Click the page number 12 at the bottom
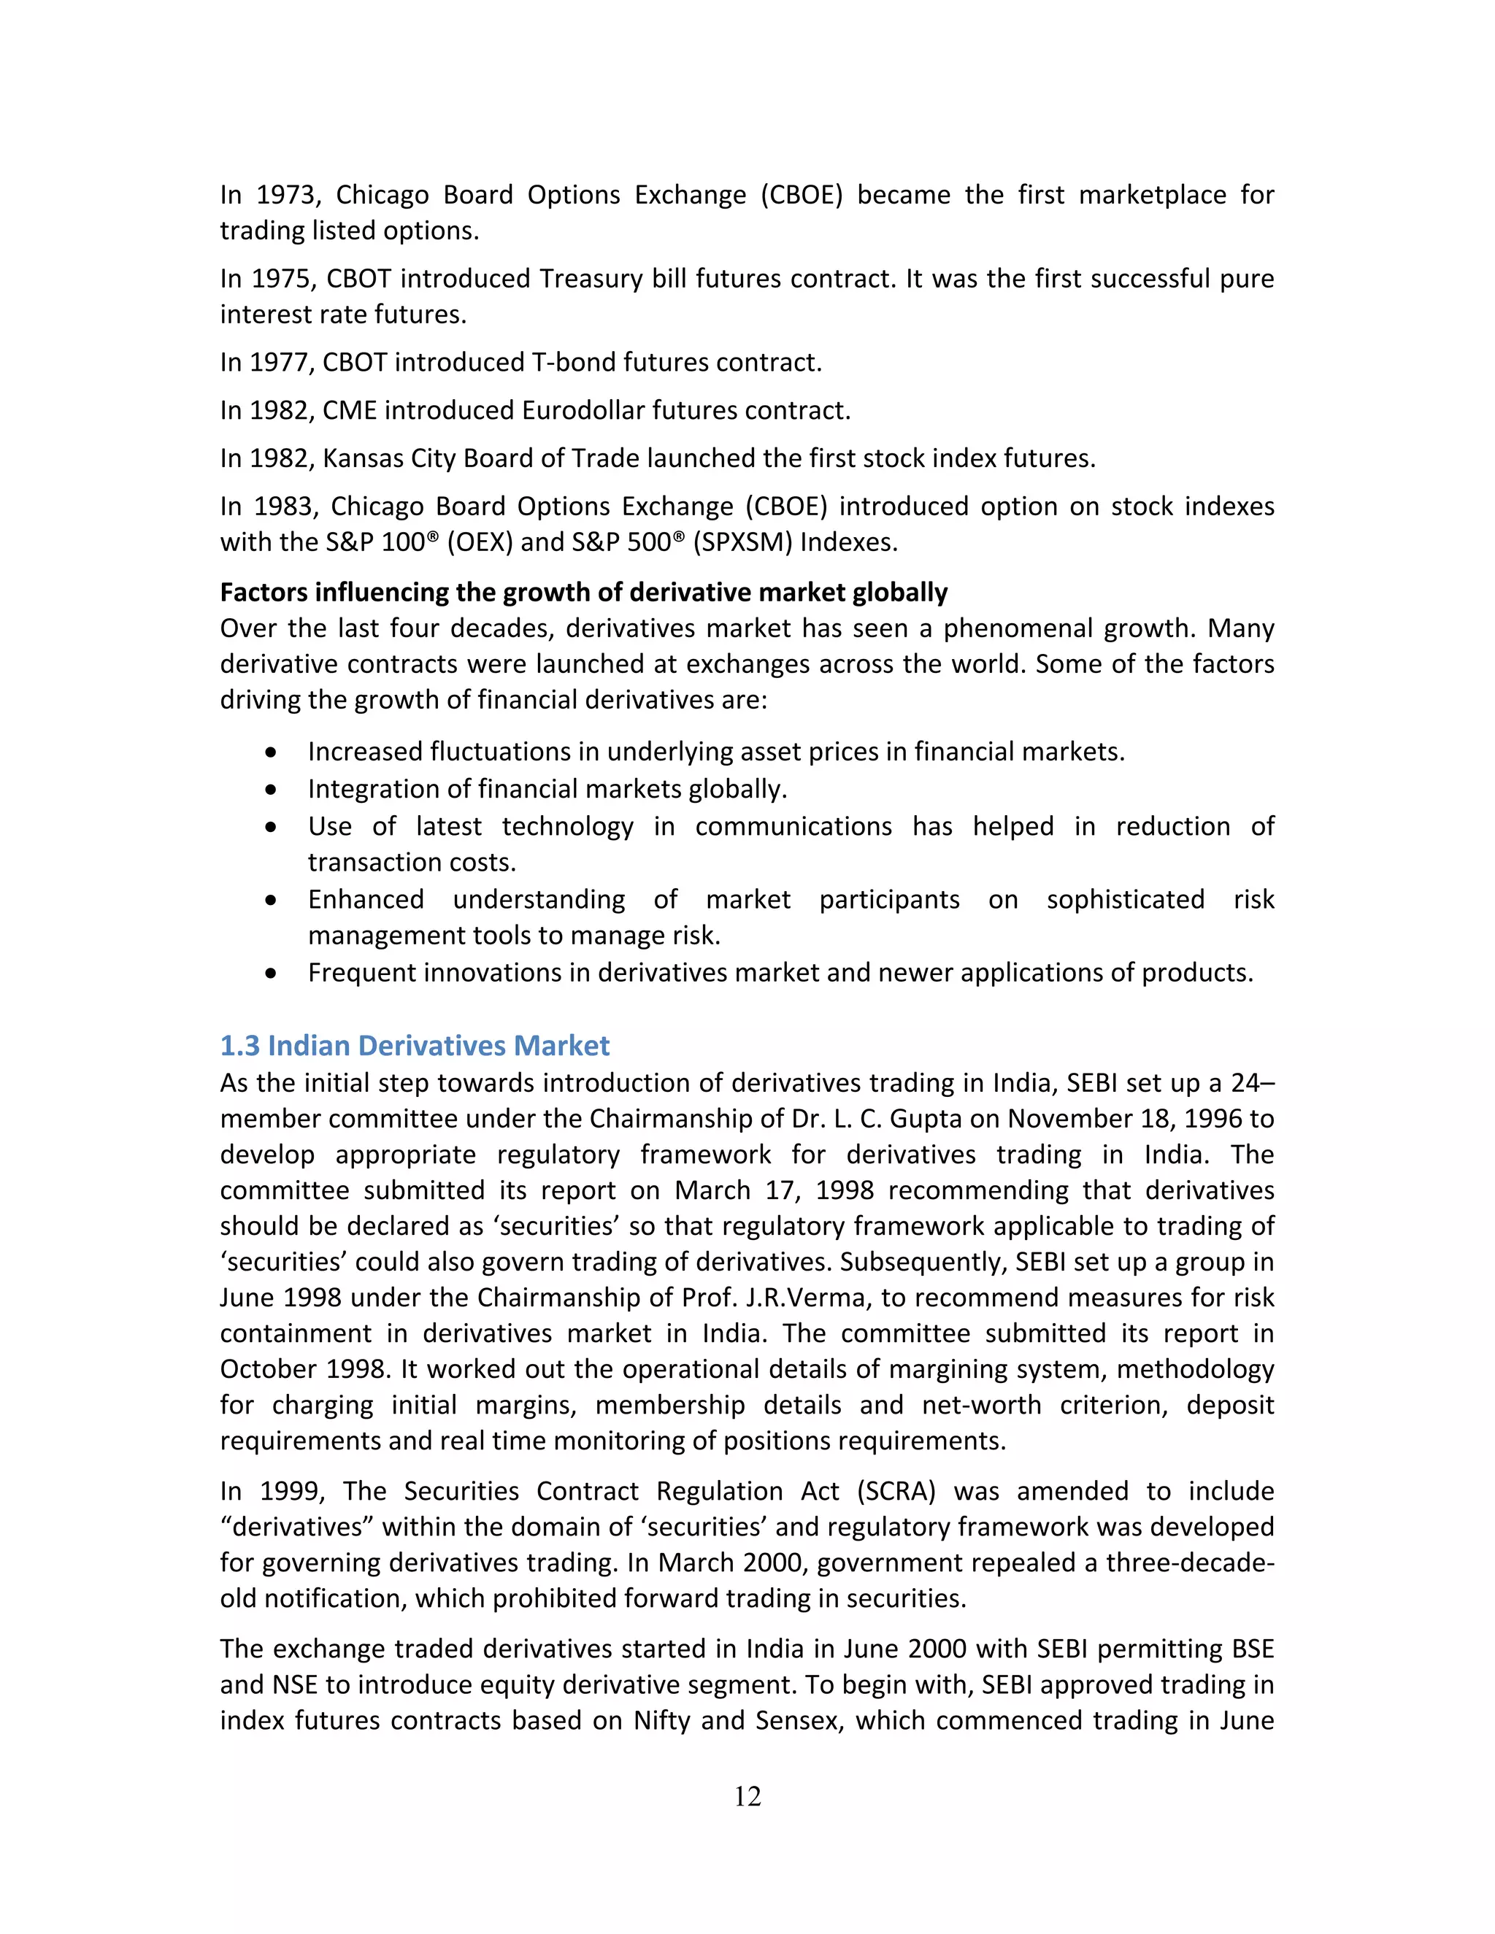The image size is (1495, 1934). point(747,1796)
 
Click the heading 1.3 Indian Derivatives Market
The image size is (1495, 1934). point(415,1046)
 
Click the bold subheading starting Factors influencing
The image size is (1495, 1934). point(584,592)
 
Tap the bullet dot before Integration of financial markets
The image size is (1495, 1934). point(271,789)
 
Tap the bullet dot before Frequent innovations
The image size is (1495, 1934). point(271,973)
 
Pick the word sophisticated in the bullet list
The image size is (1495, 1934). point(1125,900)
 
